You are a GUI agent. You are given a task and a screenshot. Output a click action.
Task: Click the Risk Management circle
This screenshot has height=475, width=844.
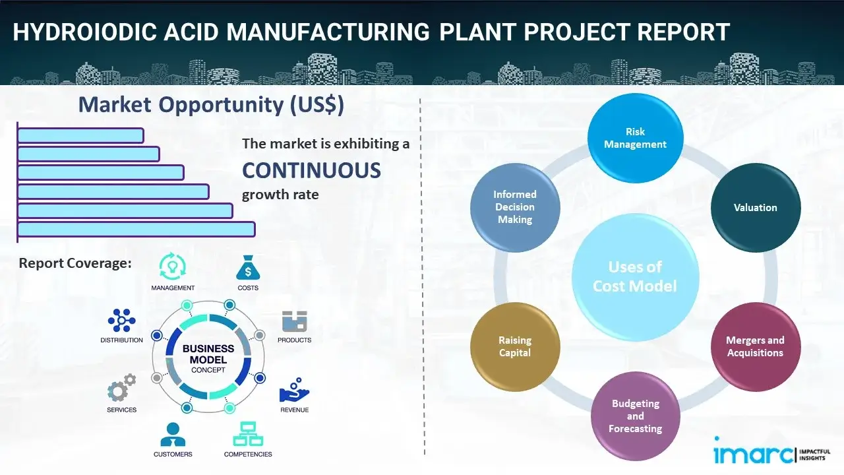click(635, 139)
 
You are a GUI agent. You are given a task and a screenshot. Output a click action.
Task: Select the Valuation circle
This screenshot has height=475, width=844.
click(755, 208)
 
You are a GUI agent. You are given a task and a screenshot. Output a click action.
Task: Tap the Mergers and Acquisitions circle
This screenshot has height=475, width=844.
click(755, 346)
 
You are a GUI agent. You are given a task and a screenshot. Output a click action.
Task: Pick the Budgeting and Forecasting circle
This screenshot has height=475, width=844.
click(635, 416)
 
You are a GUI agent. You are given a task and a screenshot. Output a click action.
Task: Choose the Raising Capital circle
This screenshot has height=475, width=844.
click(515, 346)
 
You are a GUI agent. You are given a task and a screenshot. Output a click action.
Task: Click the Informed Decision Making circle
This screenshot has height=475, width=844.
click(515, 207)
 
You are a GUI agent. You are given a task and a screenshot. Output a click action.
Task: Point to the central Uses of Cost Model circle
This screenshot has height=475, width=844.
click(635, 276)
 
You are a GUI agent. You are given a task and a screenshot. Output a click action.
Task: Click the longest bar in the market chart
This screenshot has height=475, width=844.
click(136, 229)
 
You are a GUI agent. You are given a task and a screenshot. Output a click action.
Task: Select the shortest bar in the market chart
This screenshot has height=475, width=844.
click(80, 135)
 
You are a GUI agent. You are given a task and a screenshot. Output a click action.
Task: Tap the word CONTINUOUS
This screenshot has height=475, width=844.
click(311, 171)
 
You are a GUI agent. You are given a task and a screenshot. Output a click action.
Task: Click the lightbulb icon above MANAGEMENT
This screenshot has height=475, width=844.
click(172, 267)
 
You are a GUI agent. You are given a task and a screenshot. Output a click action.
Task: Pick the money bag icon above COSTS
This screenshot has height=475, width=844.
click(248, 267)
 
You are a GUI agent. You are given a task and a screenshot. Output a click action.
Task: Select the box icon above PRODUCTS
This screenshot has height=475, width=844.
click(295, 321)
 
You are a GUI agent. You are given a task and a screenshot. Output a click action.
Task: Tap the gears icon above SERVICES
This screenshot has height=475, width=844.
click(121, 390)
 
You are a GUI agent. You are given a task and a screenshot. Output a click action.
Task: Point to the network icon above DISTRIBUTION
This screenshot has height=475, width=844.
click(121, 321)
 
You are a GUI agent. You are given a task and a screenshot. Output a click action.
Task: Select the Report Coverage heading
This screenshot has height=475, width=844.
click(75, 263)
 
